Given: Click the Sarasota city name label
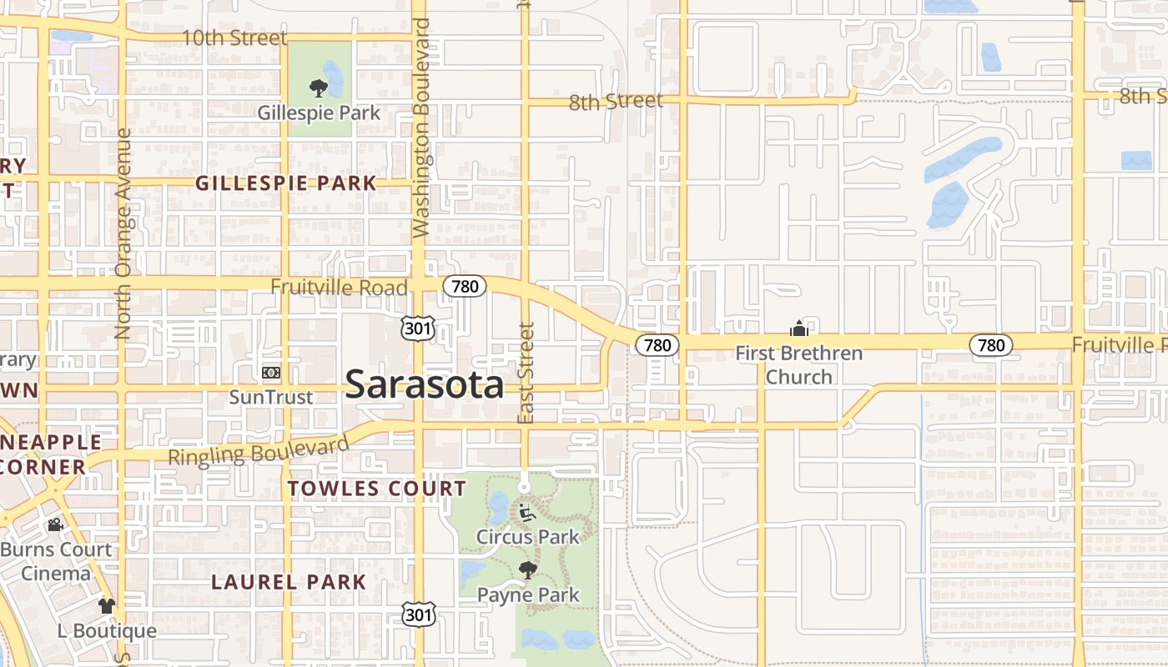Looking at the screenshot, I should [x=424, y=384].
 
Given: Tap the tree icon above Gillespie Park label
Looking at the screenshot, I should [x=317, y=88].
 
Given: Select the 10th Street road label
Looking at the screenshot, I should [x=234, y=38].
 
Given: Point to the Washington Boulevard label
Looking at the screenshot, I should [x=420, y=128].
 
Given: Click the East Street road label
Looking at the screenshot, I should [x=526, y=373].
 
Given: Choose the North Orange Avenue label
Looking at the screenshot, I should [x=123, y=233].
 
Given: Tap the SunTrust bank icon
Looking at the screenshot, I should [x=270, y=373].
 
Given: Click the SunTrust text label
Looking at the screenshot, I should [x=271, y=397].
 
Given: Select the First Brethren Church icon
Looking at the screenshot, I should [x=798, y=328].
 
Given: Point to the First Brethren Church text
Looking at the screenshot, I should [x=798, y=365].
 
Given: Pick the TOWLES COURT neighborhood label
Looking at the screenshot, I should [x=376, y=488].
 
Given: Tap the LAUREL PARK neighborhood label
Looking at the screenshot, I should [x=289, y=582].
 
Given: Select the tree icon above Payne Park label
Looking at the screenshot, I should [x=527, y=570].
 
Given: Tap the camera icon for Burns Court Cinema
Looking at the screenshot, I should [x=55, y=525].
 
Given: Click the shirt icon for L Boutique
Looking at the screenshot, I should [x=106, y=606].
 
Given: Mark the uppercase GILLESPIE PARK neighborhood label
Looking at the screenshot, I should [x=285, y=183].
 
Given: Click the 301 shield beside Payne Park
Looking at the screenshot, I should [x=417, y=615].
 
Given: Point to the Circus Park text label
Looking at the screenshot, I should [x=527, y=537].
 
